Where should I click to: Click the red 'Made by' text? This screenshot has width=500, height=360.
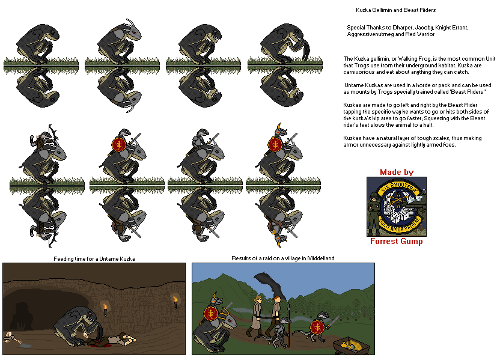[397, 172]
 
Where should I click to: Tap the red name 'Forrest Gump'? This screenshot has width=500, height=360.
[397, 242]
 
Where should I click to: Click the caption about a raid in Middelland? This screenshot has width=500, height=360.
[283, 258]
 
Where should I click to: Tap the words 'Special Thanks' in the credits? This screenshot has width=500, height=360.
[364, 28]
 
